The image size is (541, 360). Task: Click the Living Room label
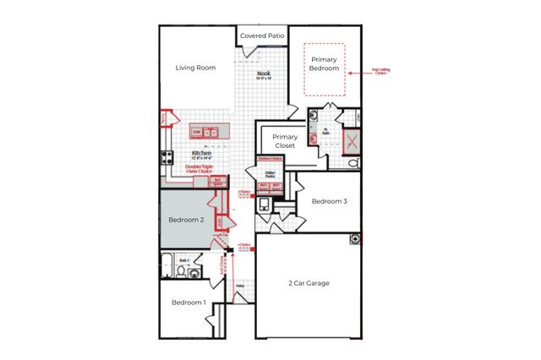click(x=195, y=68)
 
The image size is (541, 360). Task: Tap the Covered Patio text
click(x=262, y=35)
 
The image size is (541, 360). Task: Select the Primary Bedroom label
click(x=325, y=64)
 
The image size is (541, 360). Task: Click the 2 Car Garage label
click(x=308, y=283)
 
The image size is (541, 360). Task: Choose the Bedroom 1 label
click(x=189, y=302)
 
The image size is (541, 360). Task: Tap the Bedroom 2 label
click(x=186, y=220)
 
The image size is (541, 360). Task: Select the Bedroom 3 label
click(x=329, y=201)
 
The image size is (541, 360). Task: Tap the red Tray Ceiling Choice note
click(x=380, y=72)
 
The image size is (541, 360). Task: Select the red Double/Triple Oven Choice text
click(x=199, y=169)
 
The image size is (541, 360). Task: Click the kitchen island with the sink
click(x=210, y=133)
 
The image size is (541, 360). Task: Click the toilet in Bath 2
click(x=181, y=271)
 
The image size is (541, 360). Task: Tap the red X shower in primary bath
click(x=350, y=141)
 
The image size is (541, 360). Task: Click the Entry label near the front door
click(x=240, y=286)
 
